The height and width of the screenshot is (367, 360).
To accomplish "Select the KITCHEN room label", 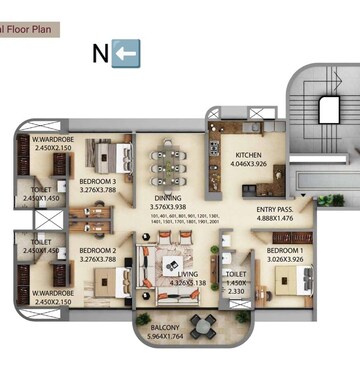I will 250,156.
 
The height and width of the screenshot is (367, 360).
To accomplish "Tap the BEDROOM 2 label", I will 99,250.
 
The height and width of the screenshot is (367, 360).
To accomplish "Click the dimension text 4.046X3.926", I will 250,165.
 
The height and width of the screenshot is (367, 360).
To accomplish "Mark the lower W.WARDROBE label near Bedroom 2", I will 49,291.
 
